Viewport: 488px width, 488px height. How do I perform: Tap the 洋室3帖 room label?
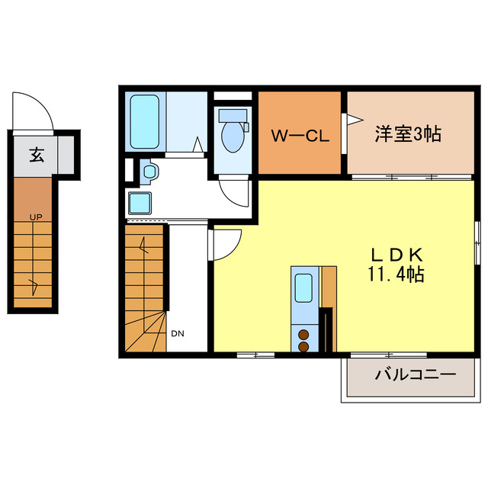[407, 133]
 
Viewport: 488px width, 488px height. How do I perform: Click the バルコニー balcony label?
[415, 375]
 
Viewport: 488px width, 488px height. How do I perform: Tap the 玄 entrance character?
[36, 155]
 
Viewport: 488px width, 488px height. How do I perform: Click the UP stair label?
[35, 217]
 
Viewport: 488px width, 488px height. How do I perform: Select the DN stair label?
[177, 333]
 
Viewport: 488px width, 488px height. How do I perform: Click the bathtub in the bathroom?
[143, 120]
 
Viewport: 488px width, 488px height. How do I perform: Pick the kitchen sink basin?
[303, 288]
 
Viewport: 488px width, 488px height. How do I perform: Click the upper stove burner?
[303, 333]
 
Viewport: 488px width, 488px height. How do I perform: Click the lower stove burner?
[303, 346]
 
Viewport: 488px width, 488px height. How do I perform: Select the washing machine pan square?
[141, 203]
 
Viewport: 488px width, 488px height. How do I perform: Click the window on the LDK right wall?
[477, 242]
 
